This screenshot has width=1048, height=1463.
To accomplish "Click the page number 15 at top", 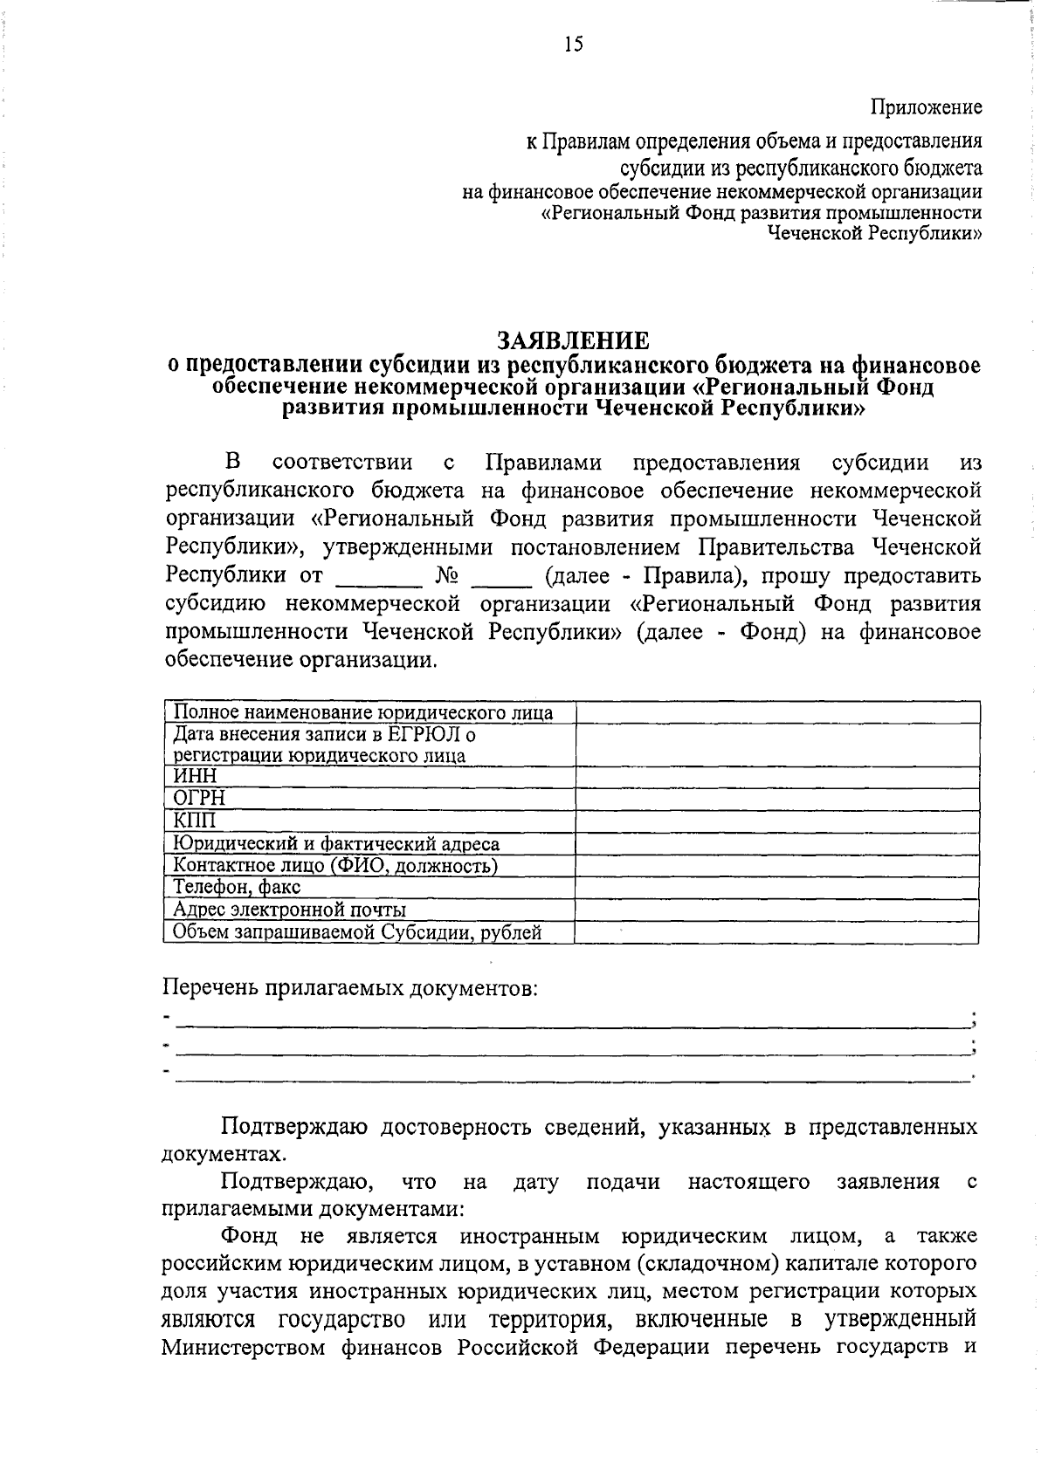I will (573, 45).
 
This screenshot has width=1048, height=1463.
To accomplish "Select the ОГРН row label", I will (199, 798).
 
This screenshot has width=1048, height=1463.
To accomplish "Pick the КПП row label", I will (194, 821).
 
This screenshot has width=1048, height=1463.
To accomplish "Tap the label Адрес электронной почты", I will (289, 910).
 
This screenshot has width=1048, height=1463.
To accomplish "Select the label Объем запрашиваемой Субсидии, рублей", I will (357, 932).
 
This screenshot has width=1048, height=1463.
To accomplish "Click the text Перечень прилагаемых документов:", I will (350, 988).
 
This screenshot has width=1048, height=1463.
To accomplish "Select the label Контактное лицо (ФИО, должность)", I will (335, 866).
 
